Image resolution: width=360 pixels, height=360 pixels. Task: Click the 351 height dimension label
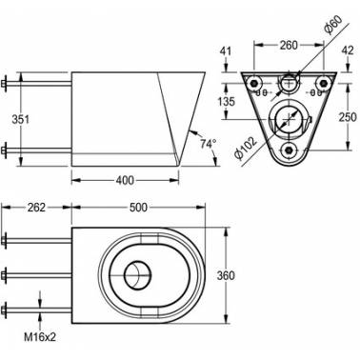(20, 120)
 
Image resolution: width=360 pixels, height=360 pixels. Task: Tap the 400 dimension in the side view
(125, 181)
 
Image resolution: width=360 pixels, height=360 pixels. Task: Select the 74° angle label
(208, 144)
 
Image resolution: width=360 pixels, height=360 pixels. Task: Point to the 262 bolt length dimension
(36, 208)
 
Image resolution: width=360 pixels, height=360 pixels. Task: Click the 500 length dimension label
(139, 208)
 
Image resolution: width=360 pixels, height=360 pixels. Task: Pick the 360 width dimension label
(226, 275)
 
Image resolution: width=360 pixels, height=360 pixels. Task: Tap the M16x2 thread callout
(40, 337)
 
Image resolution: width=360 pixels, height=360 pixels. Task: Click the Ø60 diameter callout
(333, 25)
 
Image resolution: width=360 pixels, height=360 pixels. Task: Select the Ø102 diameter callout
(245, 149)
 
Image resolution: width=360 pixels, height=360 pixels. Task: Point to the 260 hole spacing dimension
(289, 46)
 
